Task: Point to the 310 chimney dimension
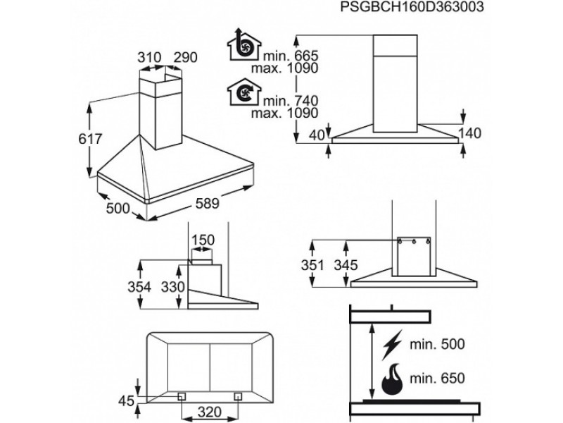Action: pos(149,57)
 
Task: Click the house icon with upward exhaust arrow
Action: pos(243,46)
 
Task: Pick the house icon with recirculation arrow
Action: pos(243,92)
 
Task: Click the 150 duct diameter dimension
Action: pos(203,241)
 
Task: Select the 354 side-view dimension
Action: pos(153,287)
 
